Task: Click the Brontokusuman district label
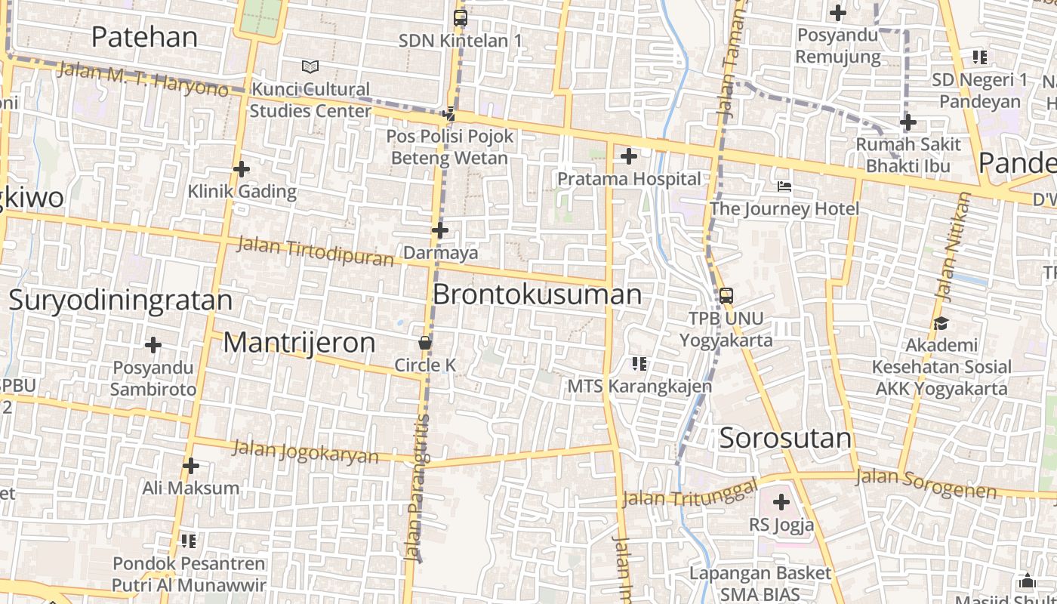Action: (x=537, y=294)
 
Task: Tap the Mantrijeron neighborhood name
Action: (x=299, y=343)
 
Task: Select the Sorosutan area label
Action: (x=785, y=438)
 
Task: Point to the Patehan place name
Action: (x=144, y=36)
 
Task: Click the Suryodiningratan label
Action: (x=121, y=300)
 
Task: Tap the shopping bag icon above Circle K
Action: (x=425, y=343)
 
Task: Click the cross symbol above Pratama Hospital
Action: (x=628, y=156)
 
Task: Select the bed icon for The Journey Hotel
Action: (x=784, y=186)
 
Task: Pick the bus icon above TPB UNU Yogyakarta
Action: (x=726, y=295)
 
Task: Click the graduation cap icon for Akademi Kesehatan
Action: (x=941, y=323)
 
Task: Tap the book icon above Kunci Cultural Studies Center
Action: (x=310, y=66)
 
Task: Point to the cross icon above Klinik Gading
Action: (x=241, y=169)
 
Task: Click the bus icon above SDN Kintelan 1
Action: (x=460, y=17)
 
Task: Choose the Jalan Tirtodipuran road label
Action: (x=316, y=251)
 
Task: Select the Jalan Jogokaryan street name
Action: (x=305, y=451)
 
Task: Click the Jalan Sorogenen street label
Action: (x=926, y=483)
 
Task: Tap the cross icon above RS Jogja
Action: (x=781, y=501)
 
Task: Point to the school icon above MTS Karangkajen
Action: (x=639, y=364)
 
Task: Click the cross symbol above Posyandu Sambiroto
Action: (x=153, y=345)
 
